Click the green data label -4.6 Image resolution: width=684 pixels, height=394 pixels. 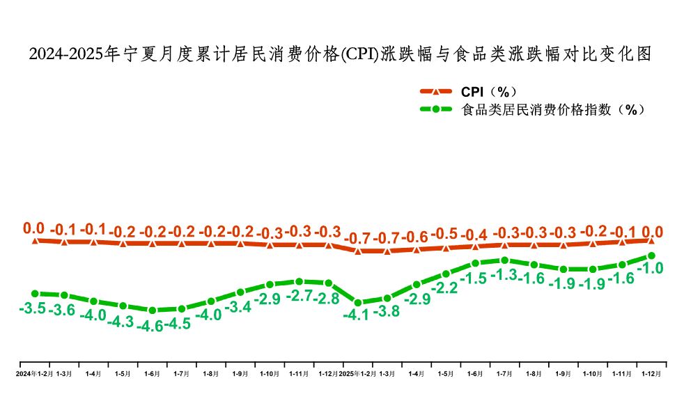coord(150,326)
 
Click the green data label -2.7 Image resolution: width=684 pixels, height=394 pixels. coord(299,296)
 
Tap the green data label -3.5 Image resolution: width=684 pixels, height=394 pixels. coord(33,308)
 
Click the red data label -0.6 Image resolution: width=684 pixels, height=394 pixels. coord(416,237)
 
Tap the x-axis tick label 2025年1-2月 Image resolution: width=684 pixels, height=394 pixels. coord(357,374)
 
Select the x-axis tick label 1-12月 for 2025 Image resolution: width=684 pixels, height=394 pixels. coord(651,374)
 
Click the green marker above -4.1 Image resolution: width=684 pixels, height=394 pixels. coord(357,302)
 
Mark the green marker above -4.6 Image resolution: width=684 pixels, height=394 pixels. coord(152,310)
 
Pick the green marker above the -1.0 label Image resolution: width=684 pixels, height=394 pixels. coord(651,255)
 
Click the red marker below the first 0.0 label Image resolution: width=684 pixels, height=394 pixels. coord(34,240)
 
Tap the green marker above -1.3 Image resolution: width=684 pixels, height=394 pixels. coord(504,260)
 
